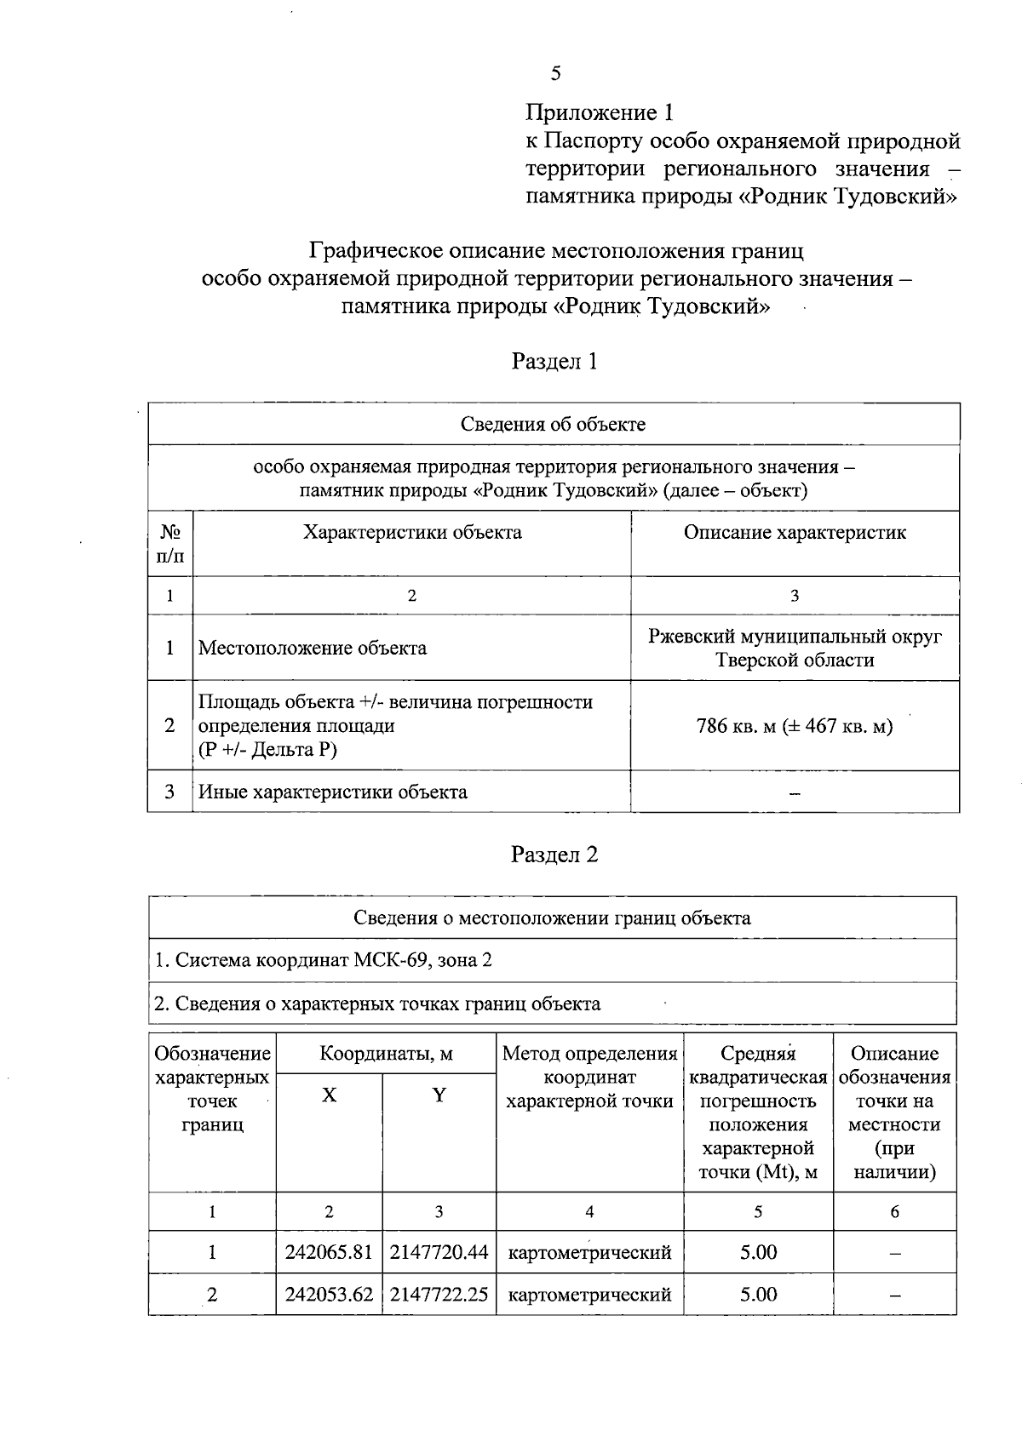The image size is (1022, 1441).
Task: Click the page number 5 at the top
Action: pos(555,73)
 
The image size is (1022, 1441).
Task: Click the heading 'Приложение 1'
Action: pos(600,112)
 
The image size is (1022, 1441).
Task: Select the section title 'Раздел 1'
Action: pos(554,362)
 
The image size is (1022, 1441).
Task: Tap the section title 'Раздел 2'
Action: pos(554,855)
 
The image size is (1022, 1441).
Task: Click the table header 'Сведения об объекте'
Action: pos(554,424)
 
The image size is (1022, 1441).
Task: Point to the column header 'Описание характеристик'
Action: pos(795,533)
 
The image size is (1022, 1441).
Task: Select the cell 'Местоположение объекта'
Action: pos(313,648)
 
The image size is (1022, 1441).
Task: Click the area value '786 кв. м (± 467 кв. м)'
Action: pos(795,726)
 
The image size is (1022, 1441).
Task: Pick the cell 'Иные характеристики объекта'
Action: pos(333,792)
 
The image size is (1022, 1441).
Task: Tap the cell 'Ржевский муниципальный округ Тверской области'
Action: pos(795,648)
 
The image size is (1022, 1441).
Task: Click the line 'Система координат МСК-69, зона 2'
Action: pos(324,960)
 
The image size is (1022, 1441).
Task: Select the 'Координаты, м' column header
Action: pos(386,1054)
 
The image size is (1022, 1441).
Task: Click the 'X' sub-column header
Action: pos(329,1095)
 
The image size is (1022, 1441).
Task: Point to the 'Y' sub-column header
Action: pos(439,1095)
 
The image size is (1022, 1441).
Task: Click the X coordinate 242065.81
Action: pos(329,1252)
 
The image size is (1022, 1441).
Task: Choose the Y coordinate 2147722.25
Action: pos(439,1295)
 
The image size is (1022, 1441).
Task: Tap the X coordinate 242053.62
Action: pos(329,1295)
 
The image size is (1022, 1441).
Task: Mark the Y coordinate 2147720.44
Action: pos(439,1252)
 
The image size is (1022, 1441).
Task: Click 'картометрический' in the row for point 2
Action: pos(589,1295)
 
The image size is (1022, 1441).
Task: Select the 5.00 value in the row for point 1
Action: pos(758,1252)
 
